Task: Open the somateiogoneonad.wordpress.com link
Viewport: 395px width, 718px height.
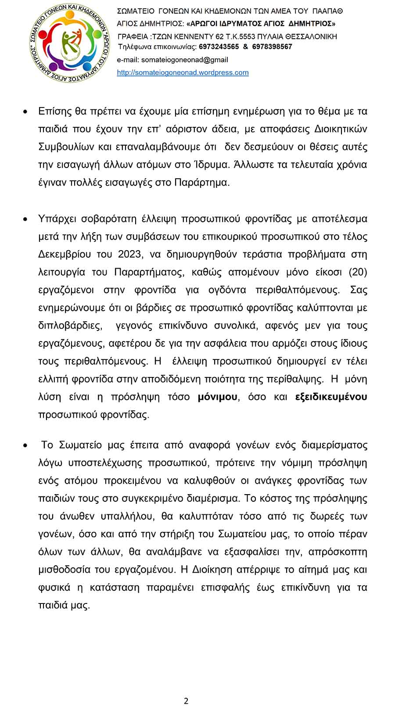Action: [183, 73]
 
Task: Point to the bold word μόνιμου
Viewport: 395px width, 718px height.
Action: [218, 397]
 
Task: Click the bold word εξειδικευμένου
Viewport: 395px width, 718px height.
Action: [331, 397]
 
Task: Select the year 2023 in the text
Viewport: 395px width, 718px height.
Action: [130, 255]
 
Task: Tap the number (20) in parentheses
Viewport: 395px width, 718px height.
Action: [357, 272]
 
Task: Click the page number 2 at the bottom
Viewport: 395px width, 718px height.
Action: [186, 701]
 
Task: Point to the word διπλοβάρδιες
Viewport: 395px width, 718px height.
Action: [70, 326]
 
